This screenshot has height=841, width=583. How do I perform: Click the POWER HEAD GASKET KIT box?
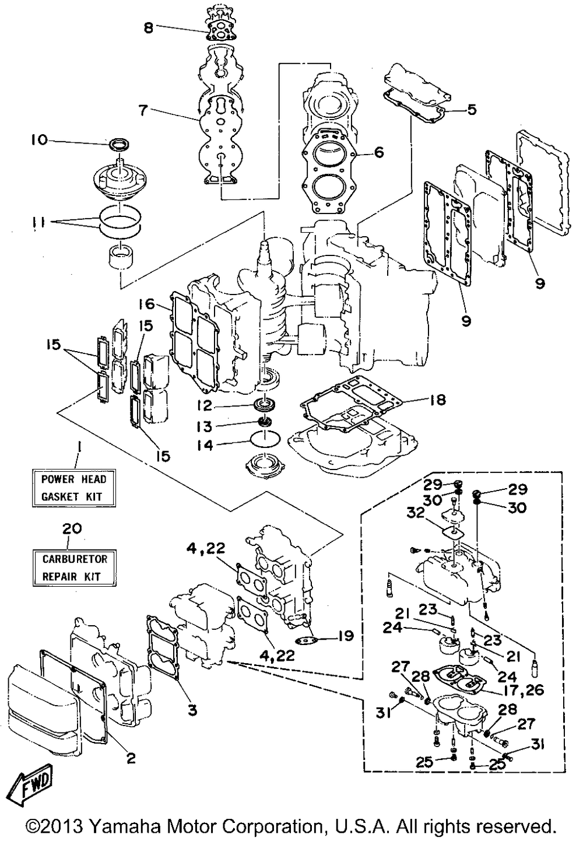point(73,488)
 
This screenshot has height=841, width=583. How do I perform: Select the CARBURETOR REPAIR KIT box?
point(75,567)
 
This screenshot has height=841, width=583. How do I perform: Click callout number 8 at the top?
point(149,27)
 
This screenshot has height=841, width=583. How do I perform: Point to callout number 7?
point(143,110)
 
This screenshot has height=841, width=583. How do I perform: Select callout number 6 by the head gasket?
point(379,153)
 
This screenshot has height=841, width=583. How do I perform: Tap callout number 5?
point(471,109)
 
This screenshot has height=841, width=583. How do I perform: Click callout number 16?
point(147,303)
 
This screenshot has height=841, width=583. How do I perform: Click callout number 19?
point(346,635)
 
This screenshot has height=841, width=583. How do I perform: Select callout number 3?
point(192,710)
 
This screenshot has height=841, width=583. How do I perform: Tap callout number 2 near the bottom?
point(131,758)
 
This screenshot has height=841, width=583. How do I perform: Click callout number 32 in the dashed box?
point(415,513)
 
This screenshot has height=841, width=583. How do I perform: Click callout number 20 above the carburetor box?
point(72,528)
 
